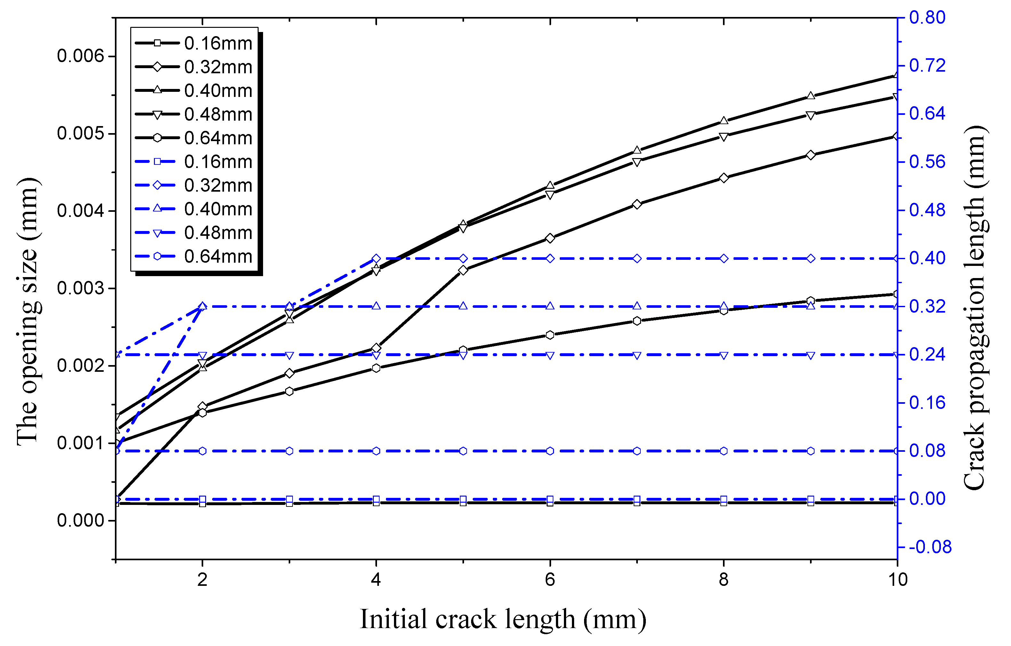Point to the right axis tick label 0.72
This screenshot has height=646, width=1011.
point(927,66)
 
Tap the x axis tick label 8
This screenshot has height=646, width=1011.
point(723,580)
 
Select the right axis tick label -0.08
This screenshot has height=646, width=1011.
point(930,547)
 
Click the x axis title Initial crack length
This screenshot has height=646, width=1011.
point(502,619)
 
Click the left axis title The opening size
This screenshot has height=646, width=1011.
point(28,311)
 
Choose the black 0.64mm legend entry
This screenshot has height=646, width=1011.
point(193,138)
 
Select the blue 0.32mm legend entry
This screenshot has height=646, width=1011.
point(193,186)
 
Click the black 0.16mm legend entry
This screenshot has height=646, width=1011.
point(193,43)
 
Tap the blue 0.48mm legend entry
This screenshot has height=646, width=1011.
point(193,233)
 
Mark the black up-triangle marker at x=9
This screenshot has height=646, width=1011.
point(811,96)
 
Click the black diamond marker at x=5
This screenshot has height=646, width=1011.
point(463,270)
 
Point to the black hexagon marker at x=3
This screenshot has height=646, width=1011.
point(289,391)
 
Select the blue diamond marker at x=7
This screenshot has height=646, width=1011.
point(637,259)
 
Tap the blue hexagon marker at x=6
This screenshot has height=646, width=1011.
point(550,451)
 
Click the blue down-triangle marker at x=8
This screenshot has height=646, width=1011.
point(724,355)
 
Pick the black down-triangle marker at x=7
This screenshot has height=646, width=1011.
point(637,162)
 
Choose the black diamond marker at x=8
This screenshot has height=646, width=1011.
point(724,178)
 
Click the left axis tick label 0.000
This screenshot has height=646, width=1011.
point(80,521)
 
